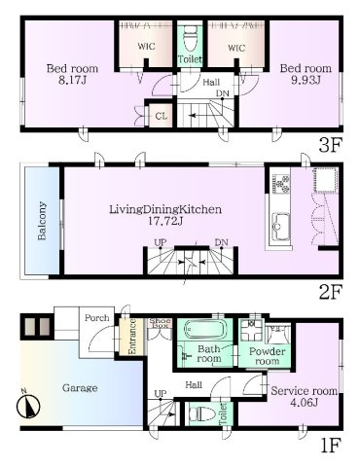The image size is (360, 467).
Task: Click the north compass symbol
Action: point(28,406)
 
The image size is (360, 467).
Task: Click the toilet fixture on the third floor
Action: point(191,38)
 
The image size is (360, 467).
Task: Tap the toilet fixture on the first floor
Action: point(202,414)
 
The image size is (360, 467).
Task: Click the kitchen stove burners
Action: point(281,184)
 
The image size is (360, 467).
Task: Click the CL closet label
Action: point(162,116)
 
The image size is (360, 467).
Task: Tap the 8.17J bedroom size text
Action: point(72,80)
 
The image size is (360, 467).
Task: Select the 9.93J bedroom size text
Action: point(306,80)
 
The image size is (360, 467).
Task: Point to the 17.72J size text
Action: point(165,221)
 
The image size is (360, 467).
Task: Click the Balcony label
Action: point(42,221)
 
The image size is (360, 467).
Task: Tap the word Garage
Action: point(80,388)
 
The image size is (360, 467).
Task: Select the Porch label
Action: point(97,318)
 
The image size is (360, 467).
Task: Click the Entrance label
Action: point(132,337)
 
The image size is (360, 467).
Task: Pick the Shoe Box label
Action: point(161,323)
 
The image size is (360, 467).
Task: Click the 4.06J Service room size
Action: point(304,403)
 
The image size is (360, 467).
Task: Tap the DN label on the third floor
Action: point(223,93)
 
